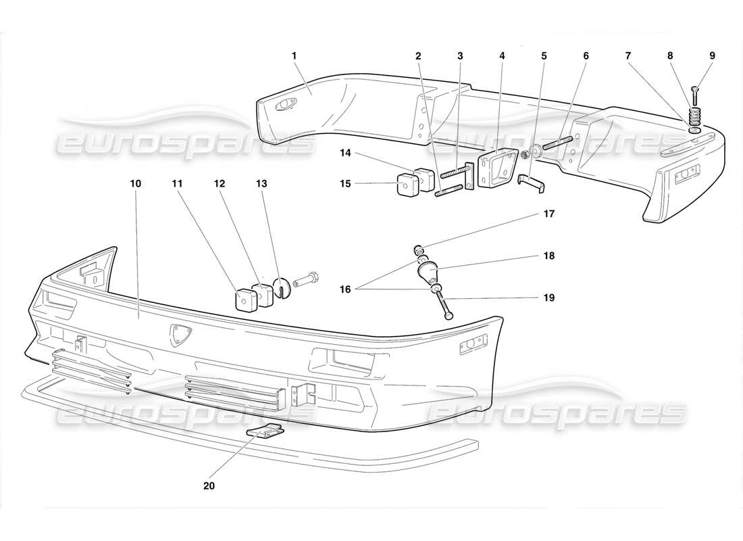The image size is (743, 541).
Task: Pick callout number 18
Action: pos(548,256)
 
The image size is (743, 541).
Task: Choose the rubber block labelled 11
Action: pos(245,298)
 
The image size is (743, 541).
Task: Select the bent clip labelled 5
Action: pos(531,183)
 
